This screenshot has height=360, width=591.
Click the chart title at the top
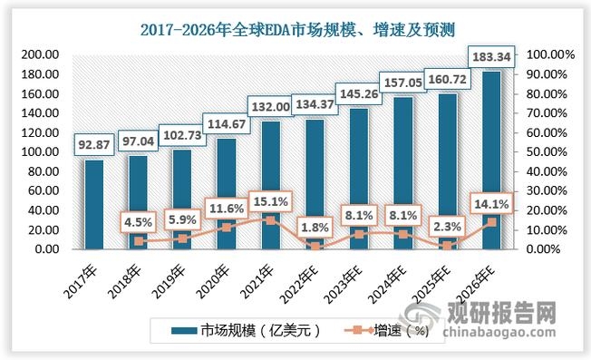[x=295, y=29]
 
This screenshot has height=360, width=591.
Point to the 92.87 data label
[x=93, y=145]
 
